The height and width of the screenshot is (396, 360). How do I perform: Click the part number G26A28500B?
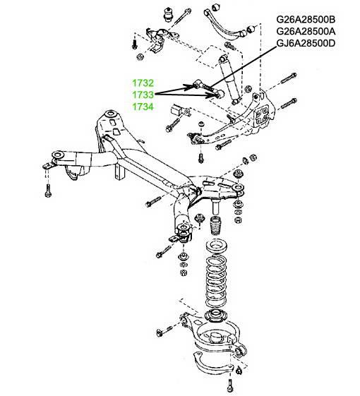[306, 20]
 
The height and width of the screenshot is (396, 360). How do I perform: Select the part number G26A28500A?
[306, 31]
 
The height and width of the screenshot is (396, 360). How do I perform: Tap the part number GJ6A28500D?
[306, 43]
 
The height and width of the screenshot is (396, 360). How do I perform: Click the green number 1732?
[143, 83]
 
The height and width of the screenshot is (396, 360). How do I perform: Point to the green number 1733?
[143, 95]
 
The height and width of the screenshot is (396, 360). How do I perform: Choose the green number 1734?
[143, 107]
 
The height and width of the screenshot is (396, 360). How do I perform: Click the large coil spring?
[216, 282]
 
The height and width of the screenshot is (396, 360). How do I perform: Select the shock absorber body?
[229, 80]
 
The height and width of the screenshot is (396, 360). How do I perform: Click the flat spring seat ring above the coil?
[217, 246]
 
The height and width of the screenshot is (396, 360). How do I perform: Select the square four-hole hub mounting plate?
[261, 116]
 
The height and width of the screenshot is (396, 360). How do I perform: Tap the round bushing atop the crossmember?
[110, 114]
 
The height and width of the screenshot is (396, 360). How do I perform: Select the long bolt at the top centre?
[182, 16]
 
